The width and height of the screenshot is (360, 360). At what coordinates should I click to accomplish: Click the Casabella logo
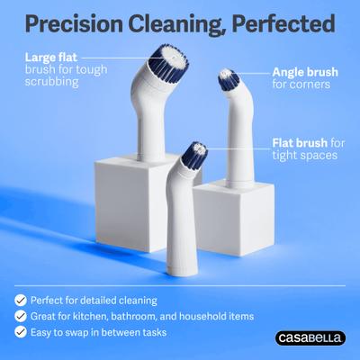coord(307,337)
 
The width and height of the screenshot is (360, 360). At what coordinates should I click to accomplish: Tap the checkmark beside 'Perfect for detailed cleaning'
coord(18,298)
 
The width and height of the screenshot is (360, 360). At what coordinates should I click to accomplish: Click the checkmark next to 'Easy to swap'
coord(18,332)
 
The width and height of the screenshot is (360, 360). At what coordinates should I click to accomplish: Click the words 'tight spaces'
coord(303,156)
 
